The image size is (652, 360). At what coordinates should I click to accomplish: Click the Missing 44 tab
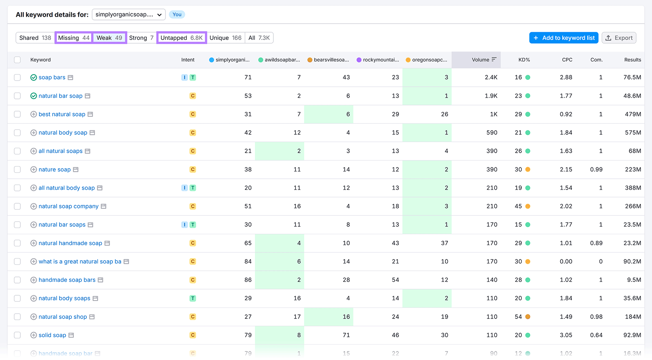pos(74,38)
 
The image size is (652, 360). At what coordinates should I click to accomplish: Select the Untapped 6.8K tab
pos(181,38)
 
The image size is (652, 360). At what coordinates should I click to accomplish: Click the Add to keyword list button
pos(564,38)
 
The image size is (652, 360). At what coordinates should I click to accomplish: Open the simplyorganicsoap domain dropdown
pos(129,15)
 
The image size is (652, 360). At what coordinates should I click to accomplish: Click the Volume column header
pos(480,60)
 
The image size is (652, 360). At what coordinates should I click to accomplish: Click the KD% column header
pos(524,60)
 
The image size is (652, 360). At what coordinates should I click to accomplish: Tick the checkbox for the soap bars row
pos(17,77)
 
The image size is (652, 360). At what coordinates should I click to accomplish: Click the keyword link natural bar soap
pos(60,96)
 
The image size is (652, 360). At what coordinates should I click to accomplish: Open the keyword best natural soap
pos(62,114)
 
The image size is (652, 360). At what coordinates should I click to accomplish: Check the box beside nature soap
pos(17,169)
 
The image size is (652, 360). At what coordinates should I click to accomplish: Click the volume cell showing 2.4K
pos(491,77)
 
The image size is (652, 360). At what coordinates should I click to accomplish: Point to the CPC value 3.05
pos(566,335)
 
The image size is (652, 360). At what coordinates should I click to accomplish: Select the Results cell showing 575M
pos(632,133)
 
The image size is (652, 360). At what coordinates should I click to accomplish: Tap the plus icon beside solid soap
pos(34,335)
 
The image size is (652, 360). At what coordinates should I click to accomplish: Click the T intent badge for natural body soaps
pos(193,299)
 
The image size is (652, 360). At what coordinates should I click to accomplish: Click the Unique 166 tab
pos(225,38)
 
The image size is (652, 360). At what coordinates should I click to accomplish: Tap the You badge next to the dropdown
pos(177,15)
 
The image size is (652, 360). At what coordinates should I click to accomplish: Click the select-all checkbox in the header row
pos(17,60)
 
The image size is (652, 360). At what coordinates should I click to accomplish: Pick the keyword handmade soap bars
pos(67,280)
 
